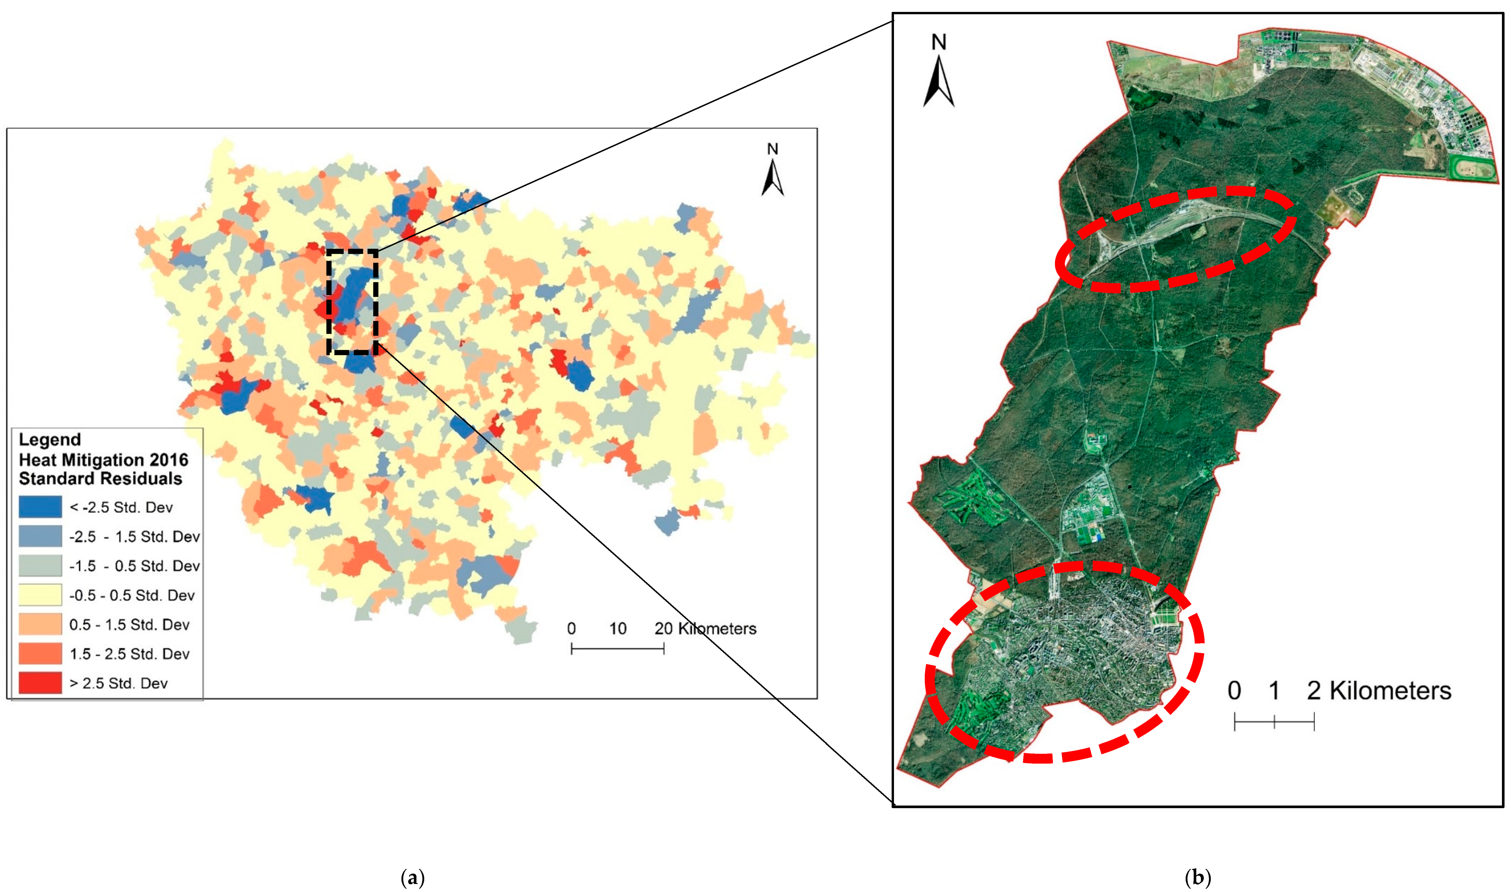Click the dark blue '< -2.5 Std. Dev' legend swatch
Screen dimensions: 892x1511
(40, 507)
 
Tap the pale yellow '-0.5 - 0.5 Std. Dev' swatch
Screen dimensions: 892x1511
(40, 595)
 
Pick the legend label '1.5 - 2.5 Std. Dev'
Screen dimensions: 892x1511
(129, 654)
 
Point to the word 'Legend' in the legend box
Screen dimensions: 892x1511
(49, 439)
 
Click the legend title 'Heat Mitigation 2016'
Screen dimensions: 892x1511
(104, 460)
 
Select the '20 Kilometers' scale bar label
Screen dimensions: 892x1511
(705, 629)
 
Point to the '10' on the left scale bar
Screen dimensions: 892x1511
(618, 629)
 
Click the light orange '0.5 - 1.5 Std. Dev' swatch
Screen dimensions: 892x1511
(40, 624)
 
